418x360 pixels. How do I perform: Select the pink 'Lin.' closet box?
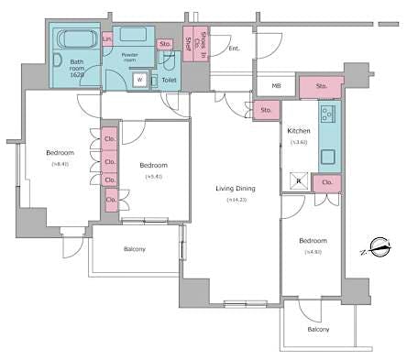tap(107, 38)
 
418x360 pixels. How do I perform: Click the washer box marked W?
tap(139, 80)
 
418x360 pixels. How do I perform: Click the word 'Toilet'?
tap(169, 81)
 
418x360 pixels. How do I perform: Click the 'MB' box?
tap(276, 87)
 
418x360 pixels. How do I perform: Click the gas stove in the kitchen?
tap(329, 115)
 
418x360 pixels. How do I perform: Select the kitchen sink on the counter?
tap(329, 158)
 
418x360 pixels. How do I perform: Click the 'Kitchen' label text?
tap(299, 131)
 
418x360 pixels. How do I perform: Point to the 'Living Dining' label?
tap(235, 189)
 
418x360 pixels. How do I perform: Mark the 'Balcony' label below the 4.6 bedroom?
tap(318, 329)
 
